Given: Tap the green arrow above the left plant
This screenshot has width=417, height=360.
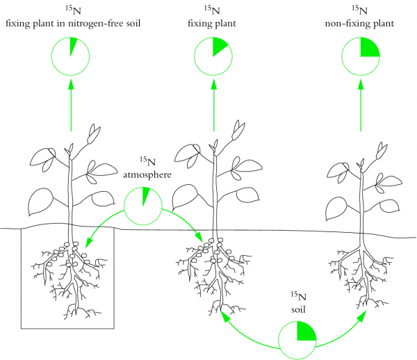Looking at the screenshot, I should pos(71,104).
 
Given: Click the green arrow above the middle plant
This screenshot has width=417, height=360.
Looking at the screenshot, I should pos(213,104).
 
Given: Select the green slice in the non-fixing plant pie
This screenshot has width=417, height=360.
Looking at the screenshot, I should pos(369,48).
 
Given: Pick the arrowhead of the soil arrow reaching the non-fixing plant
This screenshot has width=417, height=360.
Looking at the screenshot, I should pos(364,316).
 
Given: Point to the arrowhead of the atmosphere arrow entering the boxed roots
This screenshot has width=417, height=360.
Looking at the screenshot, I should pos(87,243).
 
